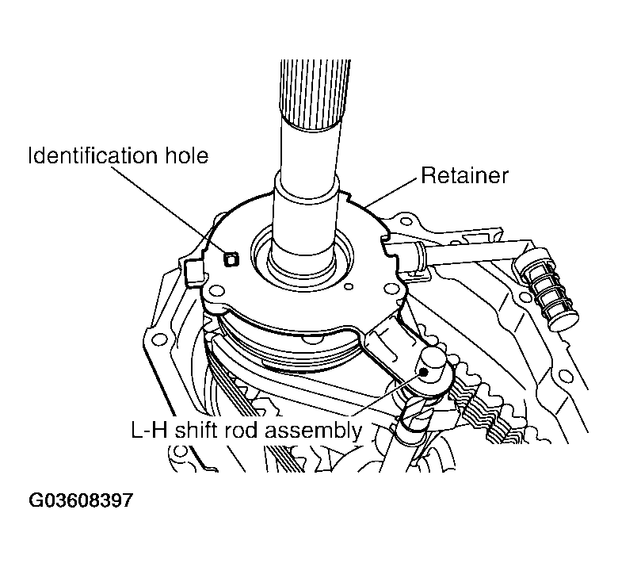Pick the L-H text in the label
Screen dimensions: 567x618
148,431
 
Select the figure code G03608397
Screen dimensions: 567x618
81,501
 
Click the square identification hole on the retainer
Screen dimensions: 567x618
231,259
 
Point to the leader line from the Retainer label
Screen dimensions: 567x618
391,193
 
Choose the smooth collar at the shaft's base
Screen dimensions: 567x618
305,214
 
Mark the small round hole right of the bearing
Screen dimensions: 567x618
351,280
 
